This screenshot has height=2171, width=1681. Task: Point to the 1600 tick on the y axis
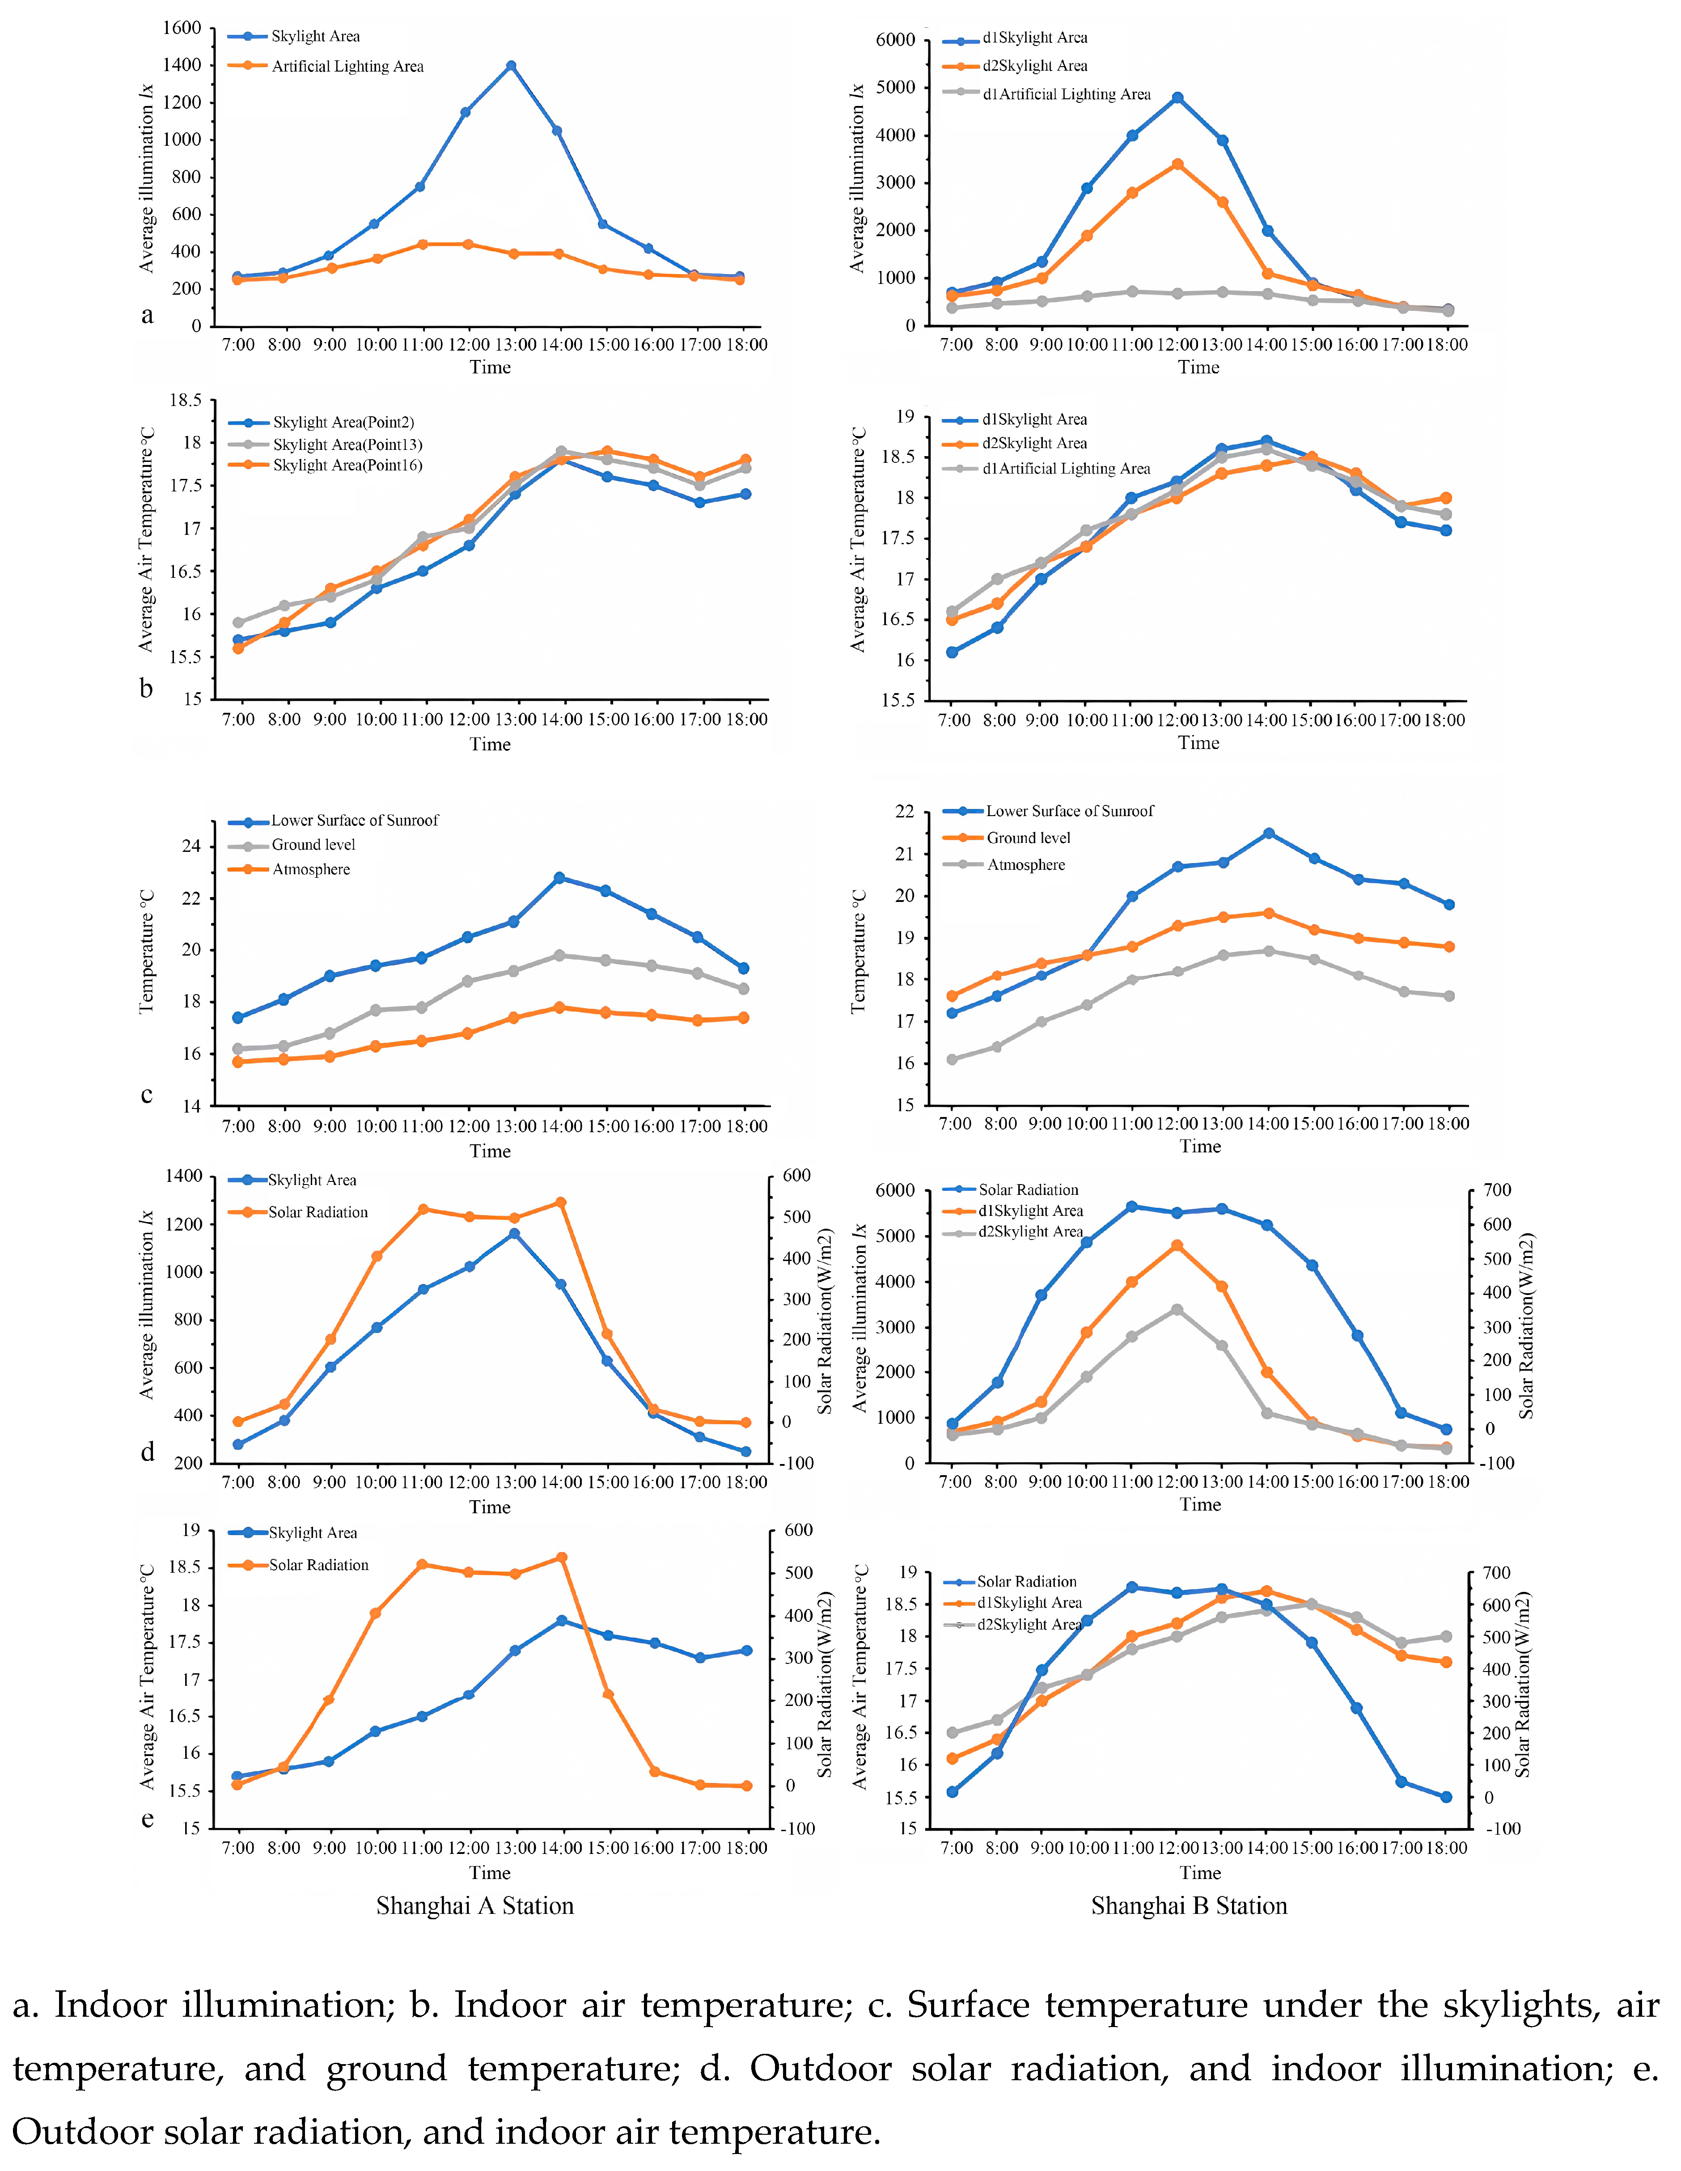click(182, 28)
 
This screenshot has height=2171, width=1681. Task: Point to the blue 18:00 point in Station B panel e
click(1446, 1797)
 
